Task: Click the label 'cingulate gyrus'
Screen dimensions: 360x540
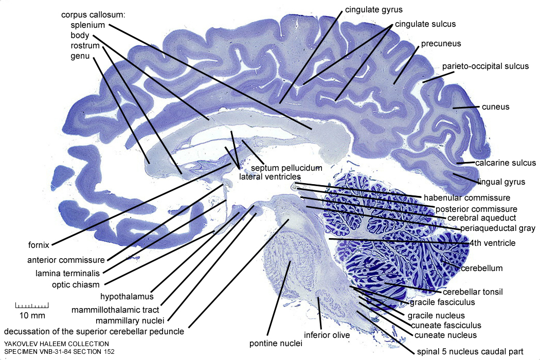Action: point(373,9)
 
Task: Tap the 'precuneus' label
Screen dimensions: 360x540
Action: point(441,44)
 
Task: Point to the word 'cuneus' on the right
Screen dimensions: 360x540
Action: point(495,107)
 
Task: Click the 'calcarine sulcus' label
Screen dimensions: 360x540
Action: point(506,163)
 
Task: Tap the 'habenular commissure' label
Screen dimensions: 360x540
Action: point(466,197)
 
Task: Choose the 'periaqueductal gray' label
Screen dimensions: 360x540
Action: point(492,228)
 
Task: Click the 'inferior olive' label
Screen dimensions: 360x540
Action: point(327,335)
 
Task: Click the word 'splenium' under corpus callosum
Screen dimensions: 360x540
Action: point(88,25)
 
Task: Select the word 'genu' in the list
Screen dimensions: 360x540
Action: point(80,56)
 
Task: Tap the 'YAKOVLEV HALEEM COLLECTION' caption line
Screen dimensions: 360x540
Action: point(56,344)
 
